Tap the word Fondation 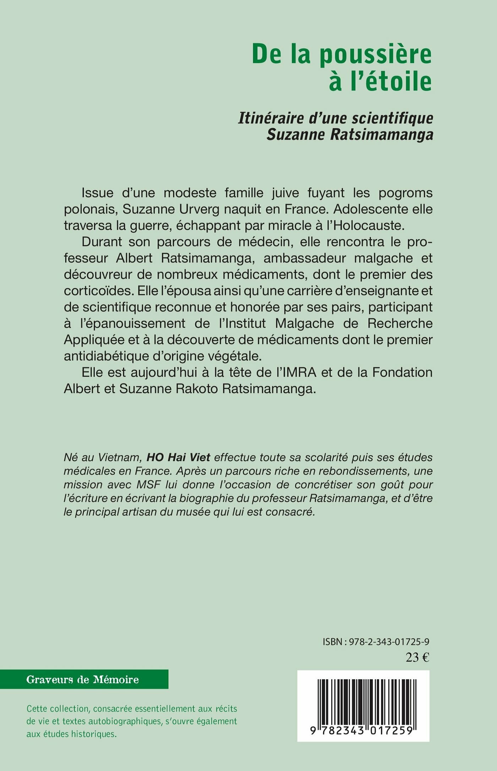[x=402, y=373]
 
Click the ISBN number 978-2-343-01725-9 [x=389, y=642]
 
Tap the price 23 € [x=417, y=658]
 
